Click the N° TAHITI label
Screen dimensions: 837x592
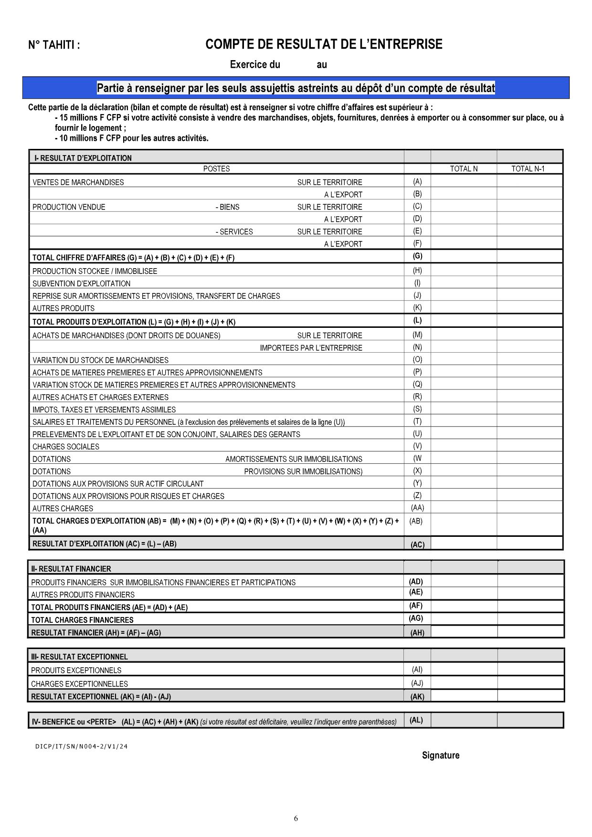(x=54, y=45)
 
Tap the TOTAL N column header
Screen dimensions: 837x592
(x=464, y=169)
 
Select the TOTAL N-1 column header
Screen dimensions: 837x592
(x=528, y=169)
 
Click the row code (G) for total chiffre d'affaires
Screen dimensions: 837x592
(x=417, y=256)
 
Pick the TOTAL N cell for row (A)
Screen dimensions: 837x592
(x=464, y=182)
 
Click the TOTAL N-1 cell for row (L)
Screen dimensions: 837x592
(x=529, y=321)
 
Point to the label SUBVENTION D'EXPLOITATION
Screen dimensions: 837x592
(x=81, y=283)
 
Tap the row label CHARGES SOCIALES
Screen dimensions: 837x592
(x=66, y=447)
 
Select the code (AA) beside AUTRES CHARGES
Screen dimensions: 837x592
(x=417, y=508)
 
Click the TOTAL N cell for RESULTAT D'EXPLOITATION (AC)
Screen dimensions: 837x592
(x=464, y=544)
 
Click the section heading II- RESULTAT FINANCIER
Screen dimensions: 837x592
(x=71, y=569)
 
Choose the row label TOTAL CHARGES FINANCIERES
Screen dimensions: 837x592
(x=82, y=620)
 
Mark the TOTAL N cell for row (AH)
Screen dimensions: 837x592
(x=464, y=632)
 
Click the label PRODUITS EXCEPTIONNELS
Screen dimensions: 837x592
(x=76, y=670)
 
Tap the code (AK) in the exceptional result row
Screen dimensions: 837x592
(x=417, y=697)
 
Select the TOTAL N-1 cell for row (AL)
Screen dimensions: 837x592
(x=530, y=721)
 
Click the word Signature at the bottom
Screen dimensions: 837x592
(x=441, y=755)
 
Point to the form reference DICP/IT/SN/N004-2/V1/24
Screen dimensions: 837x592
(x=82, y=747)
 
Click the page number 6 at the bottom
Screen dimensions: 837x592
(x=296, y=819)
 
